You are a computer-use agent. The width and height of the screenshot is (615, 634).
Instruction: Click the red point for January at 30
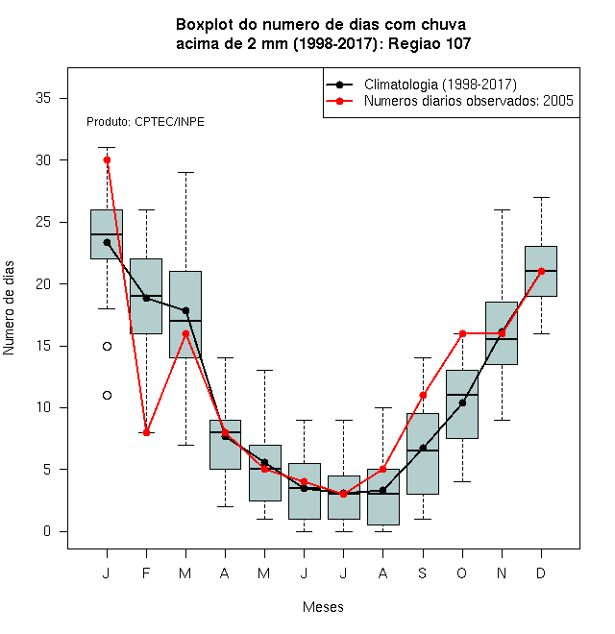(x=107, y=160)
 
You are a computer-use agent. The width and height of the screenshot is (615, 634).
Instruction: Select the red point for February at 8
(x=146, y=432)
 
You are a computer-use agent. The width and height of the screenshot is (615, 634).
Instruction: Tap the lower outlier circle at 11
(x=107, y=396)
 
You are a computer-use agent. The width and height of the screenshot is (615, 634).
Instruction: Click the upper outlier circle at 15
(x=107, y=346)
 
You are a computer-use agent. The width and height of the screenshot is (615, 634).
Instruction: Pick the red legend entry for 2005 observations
(x=450, y=101)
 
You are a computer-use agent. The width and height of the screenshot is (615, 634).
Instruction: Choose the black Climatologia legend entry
(x=421, y=85)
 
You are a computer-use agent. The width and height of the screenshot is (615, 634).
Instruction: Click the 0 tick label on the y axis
(x=47, y=531)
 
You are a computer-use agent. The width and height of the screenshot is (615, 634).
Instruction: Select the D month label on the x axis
(x=541, y=573)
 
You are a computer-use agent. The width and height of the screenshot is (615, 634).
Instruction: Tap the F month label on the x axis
(x=146, y=573)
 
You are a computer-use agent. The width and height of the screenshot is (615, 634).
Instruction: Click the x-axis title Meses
(x=323, y=607)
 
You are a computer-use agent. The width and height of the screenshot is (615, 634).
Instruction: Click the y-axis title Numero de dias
(x=9, y=308)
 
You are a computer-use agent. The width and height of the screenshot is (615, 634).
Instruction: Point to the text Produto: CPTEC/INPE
(x=145, y=122)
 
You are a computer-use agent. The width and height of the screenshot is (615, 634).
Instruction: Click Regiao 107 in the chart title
(x=430, y=43)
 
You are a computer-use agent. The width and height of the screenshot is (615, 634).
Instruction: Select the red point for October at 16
(x=462, y=333)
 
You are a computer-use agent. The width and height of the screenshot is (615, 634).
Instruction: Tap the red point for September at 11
(x=423, y=396)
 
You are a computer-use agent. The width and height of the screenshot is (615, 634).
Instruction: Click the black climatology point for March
(x=185, y=310)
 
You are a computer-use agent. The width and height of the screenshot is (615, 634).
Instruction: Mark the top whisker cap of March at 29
(x=185, y=172)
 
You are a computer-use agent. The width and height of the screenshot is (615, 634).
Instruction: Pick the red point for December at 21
(x=541, y=271)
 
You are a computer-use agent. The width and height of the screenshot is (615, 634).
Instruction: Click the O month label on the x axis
(x=462, y=573)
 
